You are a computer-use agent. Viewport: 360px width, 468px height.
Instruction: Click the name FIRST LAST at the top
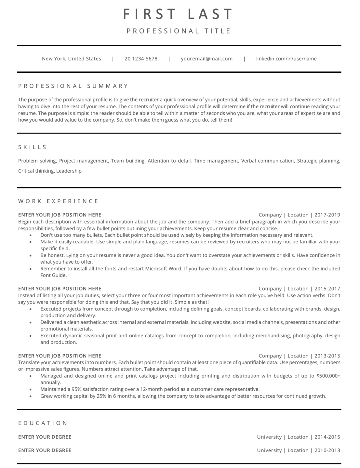click(x=178, y=14)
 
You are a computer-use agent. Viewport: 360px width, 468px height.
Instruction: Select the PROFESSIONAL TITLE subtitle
click(x=179, y=31)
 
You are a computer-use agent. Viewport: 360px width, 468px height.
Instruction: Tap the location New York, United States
click(x=72, y=59)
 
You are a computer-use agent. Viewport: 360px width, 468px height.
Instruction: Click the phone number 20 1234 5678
click(x=141, y=59)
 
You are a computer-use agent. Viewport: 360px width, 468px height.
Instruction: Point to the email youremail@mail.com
click(x=207, y=59)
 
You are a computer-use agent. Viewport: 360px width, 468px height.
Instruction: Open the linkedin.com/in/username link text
click(x=286, y=59)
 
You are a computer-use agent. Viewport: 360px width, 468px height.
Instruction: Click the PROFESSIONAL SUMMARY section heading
click(x=73, y=86)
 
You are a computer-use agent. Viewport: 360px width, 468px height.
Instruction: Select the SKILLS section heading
click(x=33, y=147)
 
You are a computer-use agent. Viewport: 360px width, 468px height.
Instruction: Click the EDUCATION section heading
click(x=43, y=423)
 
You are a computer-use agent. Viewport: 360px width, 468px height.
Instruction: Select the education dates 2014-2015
click(x=327, y=437)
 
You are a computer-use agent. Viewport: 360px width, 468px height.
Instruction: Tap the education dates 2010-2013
click(x=327, y=450)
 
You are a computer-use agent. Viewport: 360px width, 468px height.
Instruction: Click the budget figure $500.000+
click(x=328, y=376)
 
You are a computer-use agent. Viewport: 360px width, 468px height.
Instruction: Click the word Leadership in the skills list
click(x=69, y=171)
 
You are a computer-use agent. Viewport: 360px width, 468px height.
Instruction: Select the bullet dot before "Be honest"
click(x=31, y=255)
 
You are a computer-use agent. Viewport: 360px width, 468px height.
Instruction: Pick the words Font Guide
click(x=53, y=275)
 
